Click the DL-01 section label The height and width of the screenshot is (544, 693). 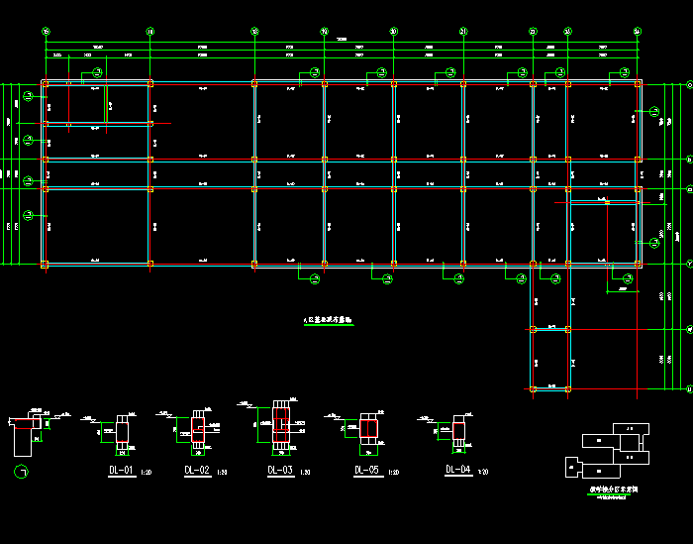[121, 470]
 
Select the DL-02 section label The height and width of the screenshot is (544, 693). [197, 470]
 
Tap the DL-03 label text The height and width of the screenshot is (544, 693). [280, 470]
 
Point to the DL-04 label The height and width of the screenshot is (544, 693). [457, 469]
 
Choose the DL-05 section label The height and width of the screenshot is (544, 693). [366, 470]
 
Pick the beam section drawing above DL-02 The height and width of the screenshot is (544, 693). [197, 427]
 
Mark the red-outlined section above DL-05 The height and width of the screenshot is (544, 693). [368, 427]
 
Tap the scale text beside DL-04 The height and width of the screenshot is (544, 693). [483, 472]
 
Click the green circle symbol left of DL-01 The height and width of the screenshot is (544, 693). [21, 470]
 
